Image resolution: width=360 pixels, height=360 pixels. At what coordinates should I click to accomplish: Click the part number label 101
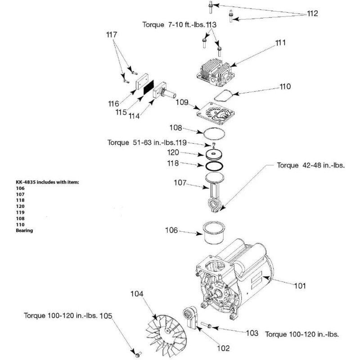(x=300, y=286)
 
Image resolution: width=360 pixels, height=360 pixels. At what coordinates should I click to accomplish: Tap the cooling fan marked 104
(x=166, y=336)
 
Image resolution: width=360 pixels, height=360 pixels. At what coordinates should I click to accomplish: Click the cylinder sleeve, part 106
(x=214, y=233)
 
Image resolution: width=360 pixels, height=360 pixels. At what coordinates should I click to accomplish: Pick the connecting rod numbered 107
(x=215, y=193)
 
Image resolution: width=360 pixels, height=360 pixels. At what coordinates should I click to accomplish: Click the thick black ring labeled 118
(x=214, y=166)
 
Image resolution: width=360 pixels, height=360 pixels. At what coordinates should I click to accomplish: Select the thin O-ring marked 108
(x=214, y=134)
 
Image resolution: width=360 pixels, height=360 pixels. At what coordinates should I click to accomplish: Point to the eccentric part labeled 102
(x=190, y=317)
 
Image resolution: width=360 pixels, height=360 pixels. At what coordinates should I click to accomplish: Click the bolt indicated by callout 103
(x=206, y=325)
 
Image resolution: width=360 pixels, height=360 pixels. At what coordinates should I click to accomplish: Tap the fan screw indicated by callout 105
(x=138, y=355)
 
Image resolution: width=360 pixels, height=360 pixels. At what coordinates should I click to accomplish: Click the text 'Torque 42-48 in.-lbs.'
(x=311, y=165)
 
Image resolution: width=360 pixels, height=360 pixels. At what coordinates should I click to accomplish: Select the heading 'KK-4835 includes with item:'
(x=47, y=182)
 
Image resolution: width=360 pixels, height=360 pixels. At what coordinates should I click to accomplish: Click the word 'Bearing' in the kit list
(x=24, y=230)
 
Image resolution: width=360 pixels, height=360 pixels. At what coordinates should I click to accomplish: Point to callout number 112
(x=312, y=13)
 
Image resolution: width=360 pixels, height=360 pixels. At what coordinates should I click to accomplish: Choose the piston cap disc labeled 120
(x=214, y=154)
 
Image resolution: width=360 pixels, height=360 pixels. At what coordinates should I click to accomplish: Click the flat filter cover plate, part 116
(x=142, y=81)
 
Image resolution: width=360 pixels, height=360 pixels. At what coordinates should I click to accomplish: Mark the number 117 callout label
(x=112, y=35)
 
